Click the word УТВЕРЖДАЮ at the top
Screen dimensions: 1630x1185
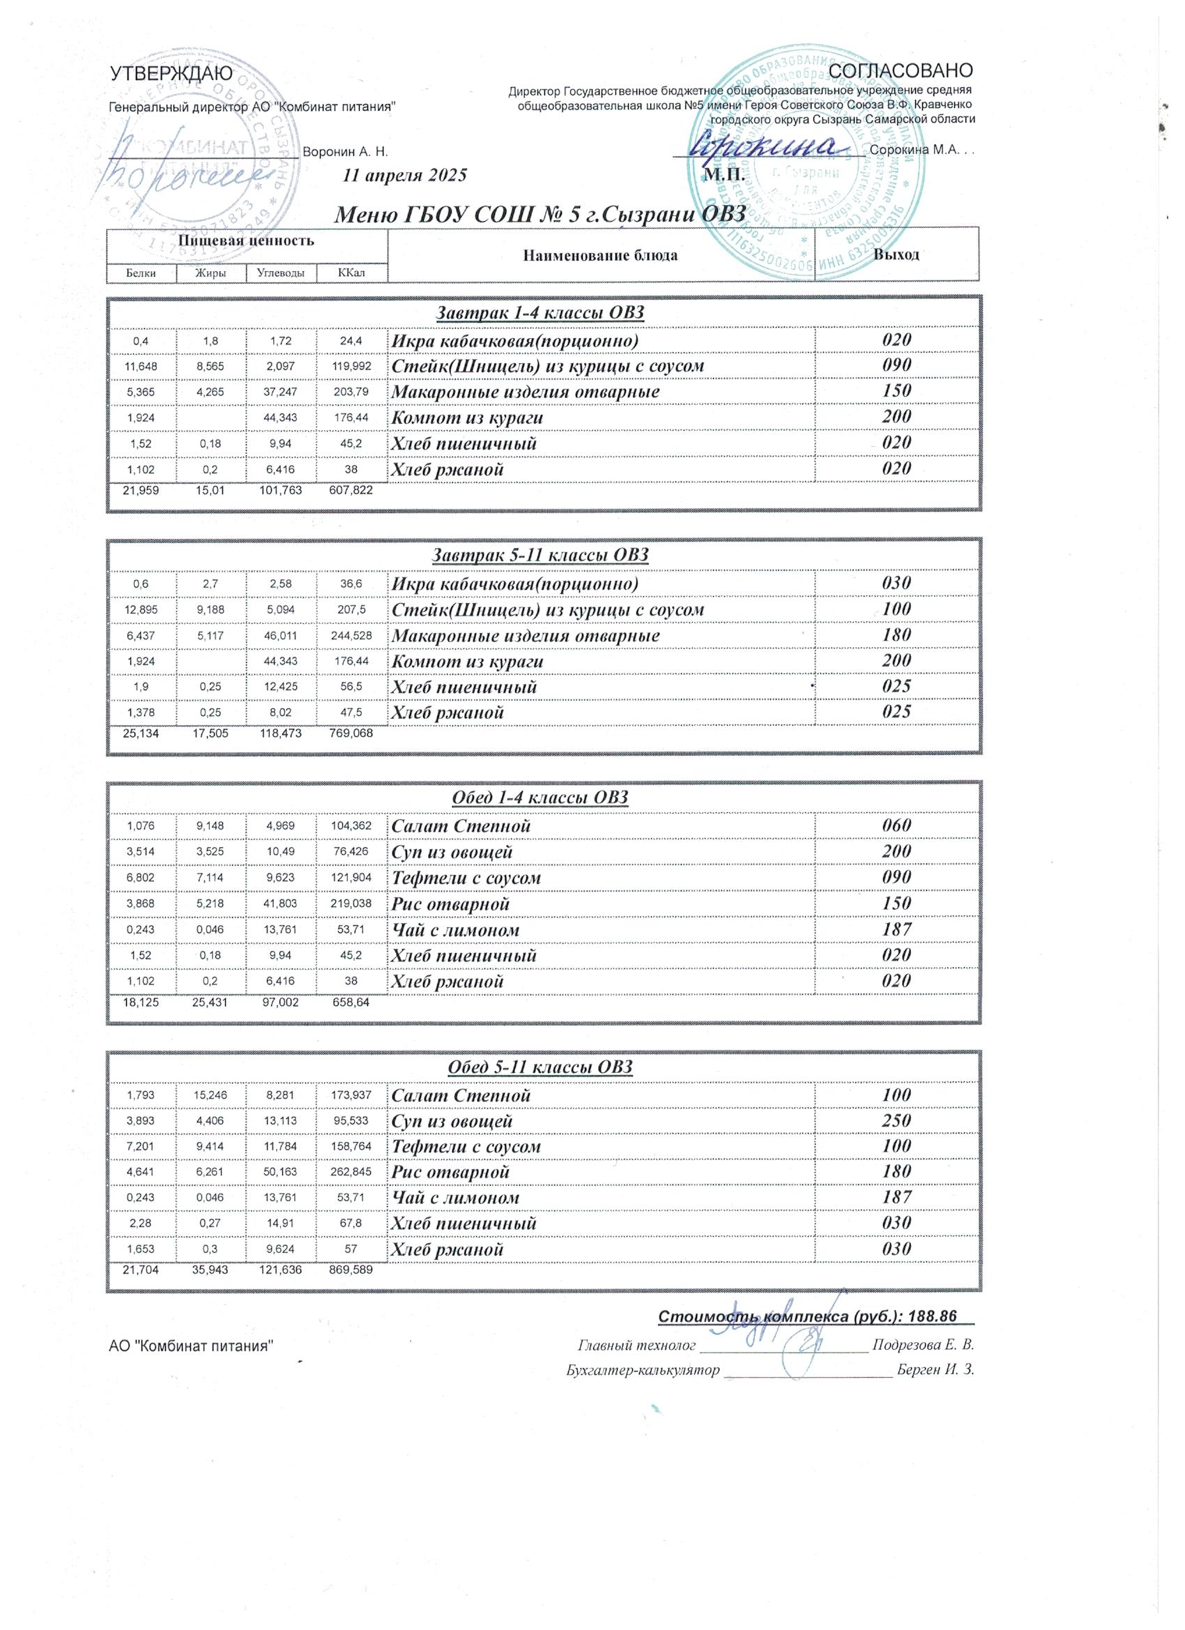(x=170, y=74)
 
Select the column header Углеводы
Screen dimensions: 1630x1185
(x=281, y=273)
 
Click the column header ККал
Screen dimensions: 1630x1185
(x=351, y=273)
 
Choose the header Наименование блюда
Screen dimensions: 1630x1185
(x=600, y=255)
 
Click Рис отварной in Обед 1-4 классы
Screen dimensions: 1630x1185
(x=450, y=904)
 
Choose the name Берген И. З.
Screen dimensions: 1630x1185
(x=935, y=1369)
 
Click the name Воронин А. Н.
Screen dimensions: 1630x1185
(x=346, y=153)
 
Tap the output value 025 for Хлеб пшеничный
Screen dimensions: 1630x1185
(x=897, y=685)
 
